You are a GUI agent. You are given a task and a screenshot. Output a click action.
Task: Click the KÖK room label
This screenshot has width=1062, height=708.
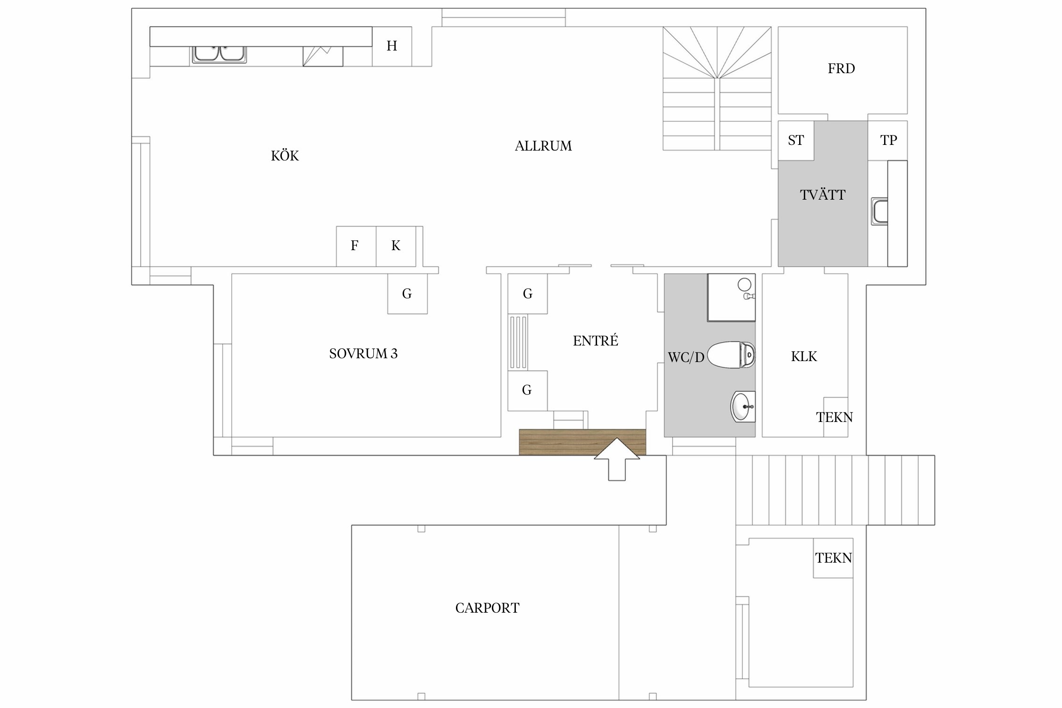[285, 156]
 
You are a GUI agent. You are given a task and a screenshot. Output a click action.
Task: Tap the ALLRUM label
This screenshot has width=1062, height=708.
[543, 146]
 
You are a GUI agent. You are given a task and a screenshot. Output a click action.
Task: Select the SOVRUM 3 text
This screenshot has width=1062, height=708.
[363, 354]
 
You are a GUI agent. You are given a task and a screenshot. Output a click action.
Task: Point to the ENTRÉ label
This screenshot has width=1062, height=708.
[596, 340]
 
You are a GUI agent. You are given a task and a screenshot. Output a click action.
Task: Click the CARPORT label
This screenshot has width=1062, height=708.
[487, 608]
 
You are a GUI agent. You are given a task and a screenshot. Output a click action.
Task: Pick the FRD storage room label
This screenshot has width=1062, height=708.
[841, 68]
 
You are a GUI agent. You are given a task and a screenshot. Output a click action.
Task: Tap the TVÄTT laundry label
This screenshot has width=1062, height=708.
[823, 194]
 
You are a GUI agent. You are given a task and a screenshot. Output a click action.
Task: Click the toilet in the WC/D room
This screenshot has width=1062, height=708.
[731, 354]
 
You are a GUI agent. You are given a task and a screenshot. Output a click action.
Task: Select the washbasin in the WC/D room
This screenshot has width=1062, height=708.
[743, 406]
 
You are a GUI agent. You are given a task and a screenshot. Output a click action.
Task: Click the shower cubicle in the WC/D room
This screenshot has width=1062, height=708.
[731, 297]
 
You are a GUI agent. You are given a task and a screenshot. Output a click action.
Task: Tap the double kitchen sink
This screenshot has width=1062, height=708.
[219, 54]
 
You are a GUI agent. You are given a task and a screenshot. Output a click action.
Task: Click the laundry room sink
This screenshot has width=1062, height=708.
[880, 211]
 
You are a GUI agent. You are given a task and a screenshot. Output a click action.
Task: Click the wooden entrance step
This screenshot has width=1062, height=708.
[582, 442]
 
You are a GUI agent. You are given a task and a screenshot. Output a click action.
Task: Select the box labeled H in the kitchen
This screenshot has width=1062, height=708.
[392, 46]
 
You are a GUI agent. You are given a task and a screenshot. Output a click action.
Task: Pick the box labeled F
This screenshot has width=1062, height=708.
[356, 246]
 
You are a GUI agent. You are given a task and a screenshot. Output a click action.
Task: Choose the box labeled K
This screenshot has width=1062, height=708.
[396, 246]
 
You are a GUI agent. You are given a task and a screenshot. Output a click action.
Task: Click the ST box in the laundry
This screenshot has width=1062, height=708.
[796, 141]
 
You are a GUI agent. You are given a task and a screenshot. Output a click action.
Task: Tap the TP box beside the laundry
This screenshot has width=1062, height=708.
[888, 141]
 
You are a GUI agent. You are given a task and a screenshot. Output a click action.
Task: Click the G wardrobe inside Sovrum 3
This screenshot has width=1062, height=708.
[407, 294]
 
